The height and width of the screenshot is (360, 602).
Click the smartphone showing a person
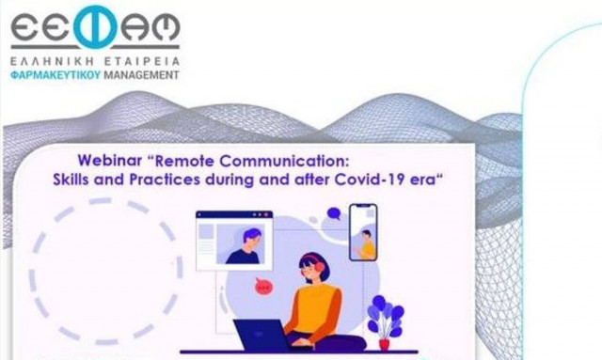(362, 232)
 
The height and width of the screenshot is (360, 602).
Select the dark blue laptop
(262, 336)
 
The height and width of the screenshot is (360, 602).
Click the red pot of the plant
(384, 343)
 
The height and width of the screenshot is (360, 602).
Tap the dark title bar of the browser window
(233, 214)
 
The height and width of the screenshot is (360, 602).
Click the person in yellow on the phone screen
(365, 244)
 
